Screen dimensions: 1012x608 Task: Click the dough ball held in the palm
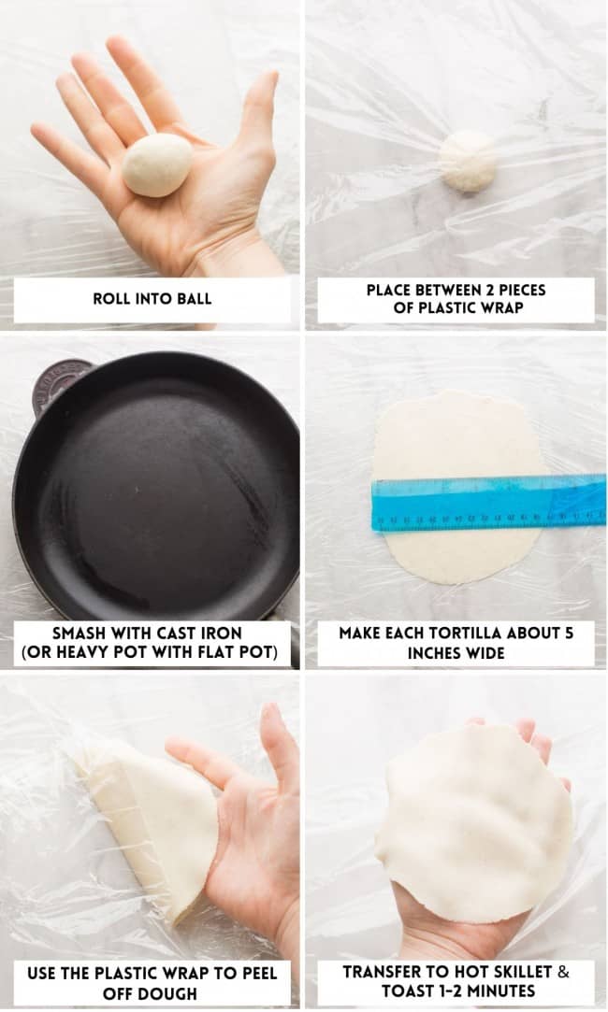tap(157, 165)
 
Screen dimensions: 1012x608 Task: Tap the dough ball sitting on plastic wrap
tap(468, 160)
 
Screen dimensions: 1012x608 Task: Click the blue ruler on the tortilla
tap(487, 504)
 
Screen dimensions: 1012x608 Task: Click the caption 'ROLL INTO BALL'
tap(152, 299)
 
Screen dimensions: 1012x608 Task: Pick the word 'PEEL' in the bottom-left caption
tap(253, 973)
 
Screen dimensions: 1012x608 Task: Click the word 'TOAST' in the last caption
tap(413, 991)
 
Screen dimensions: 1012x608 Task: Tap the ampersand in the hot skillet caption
tap(563, 972)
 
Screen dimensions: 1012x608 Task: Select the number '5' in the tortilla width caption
tap(569, 633)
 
